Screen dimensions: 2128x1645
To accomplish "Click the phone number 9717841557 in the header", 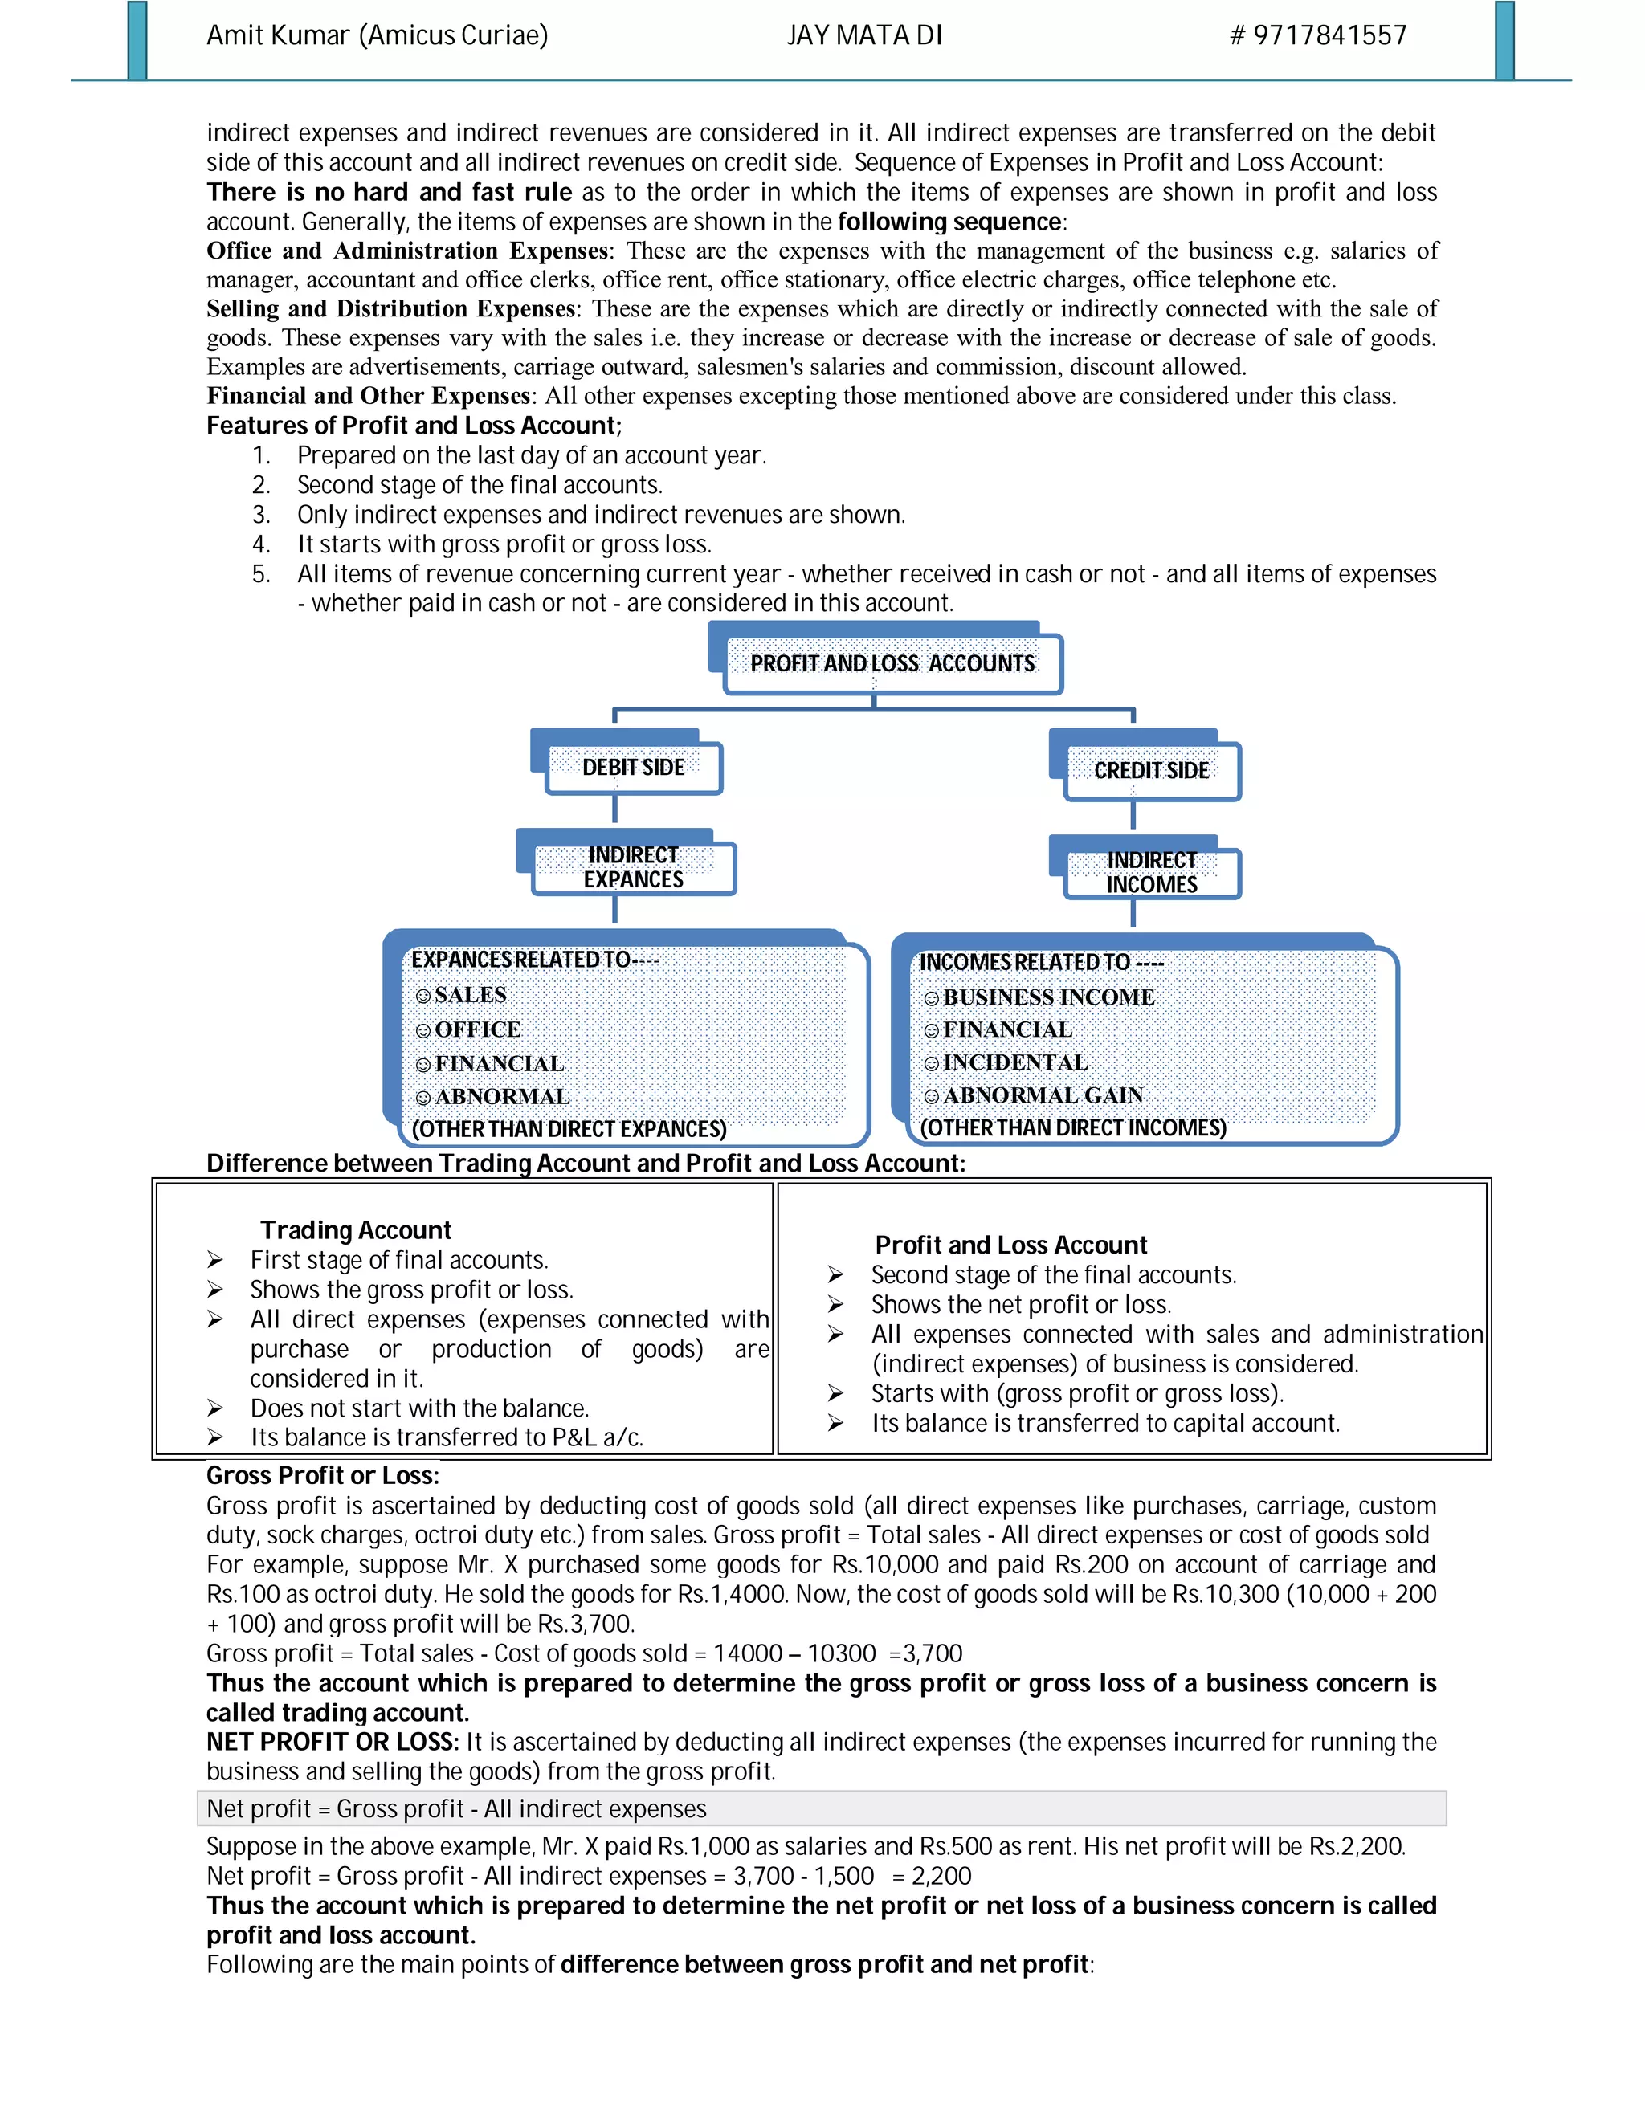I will click(1329, 36).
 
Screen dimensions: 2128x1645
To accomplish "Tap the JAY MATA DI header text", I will click(863, 36).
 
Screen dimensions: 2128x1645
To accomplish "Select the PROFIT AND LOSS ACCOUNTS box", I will click(892, 663).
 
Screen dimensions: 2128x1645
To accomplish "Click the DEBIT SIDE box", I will click(634, 768).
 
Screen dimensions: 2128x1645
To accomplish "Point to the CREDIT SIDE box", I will click(1151, 771).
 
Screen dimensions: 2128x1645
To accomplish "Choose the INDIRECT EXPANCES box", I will click(634, 867).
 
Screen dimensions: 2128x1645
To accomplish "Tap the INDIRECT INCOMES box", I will click(1151, 872).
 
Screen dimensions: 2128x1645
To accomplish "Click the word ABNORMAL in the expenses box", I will click(502, 1096).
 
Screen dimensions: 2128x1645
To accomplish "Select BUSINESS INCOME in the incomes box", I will click(1048, 997).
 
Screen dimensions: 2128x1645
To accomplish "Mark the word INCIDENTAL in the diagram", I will click(1015, 1062).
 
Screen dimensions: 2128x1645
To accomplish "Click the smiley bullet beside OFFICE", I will click(423, 1031).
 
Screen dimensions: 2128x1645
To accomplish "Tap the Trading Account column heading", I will click(356, 1229).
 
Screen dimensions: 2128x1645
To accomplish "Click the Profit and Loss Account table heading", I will click(1010, 1245).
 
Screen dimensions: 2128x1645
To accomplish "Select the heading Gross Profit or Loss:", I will click(323, 1475).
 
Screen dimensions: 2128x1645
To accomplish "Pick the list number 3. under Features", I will click(260, 515).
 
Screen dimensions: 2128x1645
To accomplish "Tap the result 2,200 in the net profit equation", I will click(941, 1876).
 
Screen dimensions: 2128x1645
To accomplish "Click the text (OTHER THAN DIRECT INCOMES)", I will click(1073, 1128).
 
